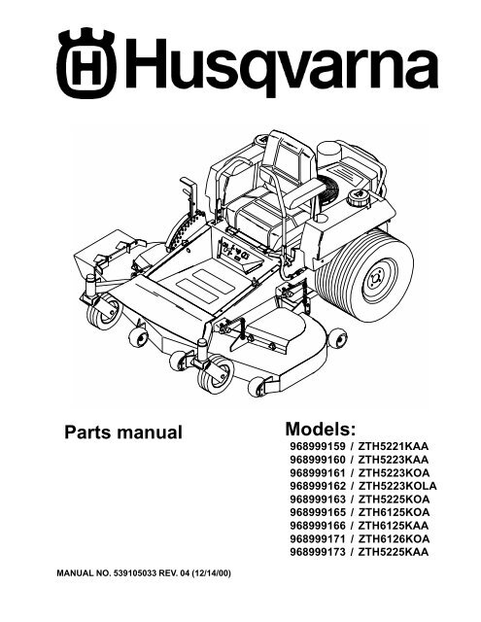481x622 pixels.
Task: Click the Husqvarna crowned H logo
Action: point(86,63)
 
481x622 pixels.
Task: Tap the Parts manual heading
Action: point(123,432)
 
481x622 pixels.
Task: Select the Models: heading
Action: point(321,429)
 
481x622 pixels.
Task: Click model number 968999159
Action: point(318,446)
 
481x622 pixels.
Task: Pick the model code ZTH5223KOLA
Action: point(396,486)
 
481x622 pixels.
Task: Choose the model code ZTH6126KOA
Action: point(394,538)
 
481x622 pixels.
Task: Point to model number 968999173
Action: point(318,552)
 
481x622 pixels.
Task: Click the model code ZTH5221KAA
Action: point(393,446)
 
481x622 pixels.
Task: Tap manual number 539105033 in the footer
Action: point(135,573)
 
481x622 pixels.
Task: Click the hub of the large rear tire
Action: point(374,281)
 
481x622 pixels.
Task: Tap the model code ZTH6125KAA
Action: point(393,526)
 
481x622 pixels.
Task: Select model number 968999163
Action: point(318,499)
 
